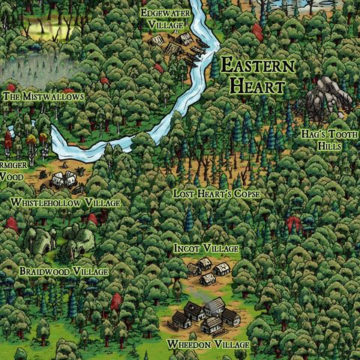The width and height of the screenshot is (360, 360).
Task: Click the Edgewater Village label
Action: tap(163, 18)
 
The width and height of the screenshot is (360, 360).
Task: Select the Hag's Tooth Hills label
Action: tap(325, 139)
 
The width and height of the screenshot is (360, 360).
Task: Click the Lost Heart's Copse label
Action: tap(217, 193)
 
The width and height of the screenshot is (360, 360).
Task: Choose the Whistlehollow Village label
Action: tap(65, 203)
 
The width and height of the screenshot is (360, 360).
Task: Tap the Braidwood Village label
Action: tap(64, 271)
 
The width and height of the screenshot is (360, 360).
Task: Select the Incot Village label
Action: tap(205, 248)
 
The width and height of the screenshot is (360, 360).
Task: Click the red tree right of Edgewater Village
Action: tap(257, 31)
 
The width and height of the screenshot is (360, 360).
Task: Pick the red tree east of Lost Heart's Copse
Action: tap(294, 223)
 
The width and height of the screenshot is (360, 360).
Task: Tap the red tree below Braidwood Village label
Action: tap(116, 301)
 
